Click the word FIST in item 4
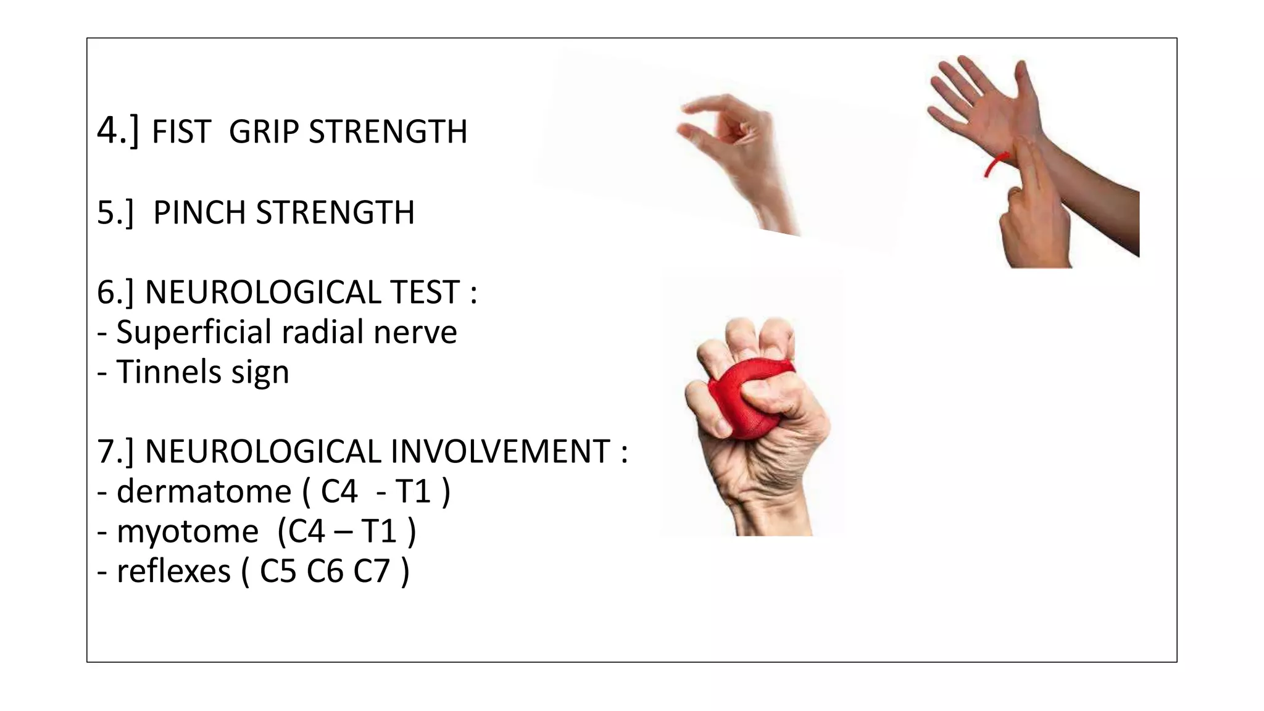181,132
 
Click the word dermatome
204,492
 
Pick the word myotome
188,531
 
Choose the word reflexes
173,571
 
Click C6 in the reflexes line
325,571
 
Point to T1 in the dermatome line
413,492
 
